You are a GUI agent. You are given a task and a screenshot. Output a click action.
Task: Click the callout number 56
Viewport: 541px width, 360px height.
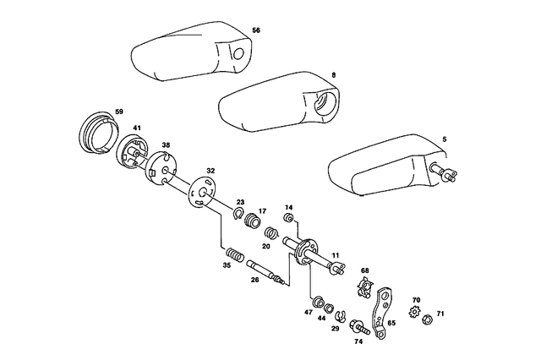(256, 30)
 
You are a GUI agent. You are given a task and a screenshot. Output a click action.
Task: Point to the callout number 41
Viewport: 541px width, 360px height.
(137, 128)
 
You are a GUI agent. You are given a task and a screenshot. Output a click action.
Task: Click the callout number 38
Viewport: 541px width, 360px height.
(166, 145)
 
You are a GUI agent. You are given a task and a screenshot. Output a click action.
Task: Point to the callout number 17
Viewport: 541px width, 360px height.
(262, 210)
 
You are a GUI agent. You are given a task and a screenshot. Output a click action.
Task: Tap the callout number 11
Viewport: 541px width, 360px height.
(335, 254)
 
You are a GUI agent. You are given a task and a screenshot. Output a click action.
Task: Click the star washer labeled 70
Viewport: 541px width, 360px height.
(413, 314)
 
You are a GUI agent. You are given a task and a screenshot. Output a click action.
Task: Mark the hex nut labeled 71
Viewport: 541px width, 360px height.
(428, 319)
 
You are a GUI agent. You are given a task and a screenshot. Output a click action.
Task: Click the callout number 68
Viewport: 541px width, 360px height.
(365, 270)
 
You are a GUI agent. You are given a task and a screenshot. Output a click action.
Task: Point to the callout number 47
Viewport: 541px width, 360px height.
(309, 313)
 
